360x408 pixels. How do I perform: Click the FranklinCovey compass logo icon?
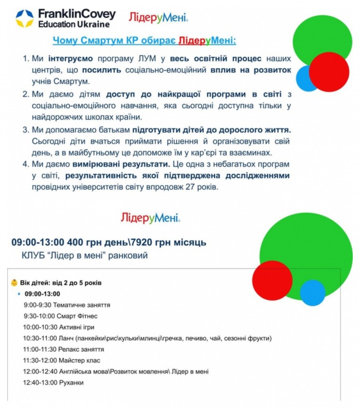click(24, 18)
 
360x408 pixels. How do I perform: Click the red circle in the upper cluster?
click(329, 72)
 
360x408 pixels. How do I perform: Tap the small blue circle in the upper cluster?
click(306, 78)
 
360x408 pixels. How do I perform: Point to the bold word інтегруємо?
click(70, 59)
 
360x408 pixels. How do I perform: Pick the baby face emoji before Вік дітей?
click(14, 283)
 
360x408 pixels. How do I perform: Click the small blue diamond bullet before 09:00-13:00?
click(19, 294)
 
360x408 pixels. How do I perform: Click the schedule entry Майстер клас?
click(76, 360)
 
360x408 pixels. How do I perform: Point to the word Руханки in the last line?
click(72, 383)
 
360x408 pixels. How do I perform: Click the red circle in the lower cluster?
click(272, 280)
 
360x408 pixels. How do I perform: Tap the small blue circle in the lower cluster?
click(312, 293)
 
